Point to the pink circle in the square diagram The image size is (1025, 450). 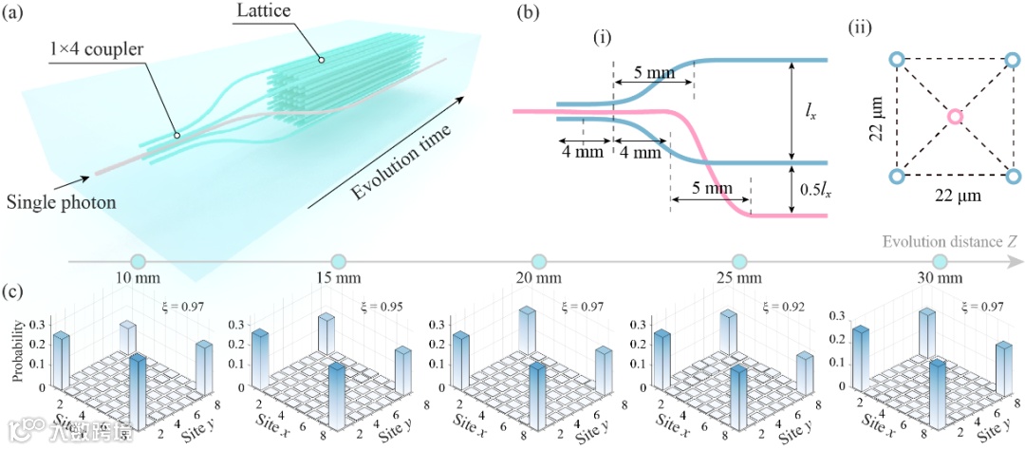click(x=955, y=117)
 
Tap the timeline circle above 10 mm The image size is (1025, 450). click(x=138, y=261)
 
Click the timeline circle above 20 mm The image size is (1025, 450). click(x=539, y=261)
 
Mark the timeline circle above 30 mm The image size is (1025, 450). click(x=941, y=261)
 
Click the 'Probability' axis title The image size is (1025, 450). click(x=20, y=348)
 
